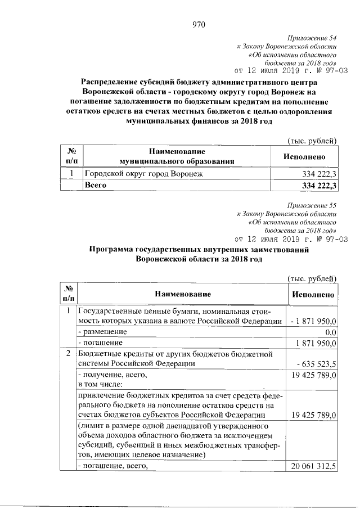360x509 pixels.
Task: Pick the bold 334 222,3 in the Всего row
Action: (x=319, y=185)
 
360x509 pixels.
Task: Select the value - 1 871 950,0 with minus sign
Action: (x=314, y=321)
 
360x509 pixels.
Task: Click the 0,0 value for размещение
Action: (x=330, y=332)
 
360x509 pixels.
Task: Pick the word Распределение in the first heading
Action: (x=113, y=82)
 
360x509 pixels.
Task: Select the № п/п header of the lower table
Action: (x=68, y=294)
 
